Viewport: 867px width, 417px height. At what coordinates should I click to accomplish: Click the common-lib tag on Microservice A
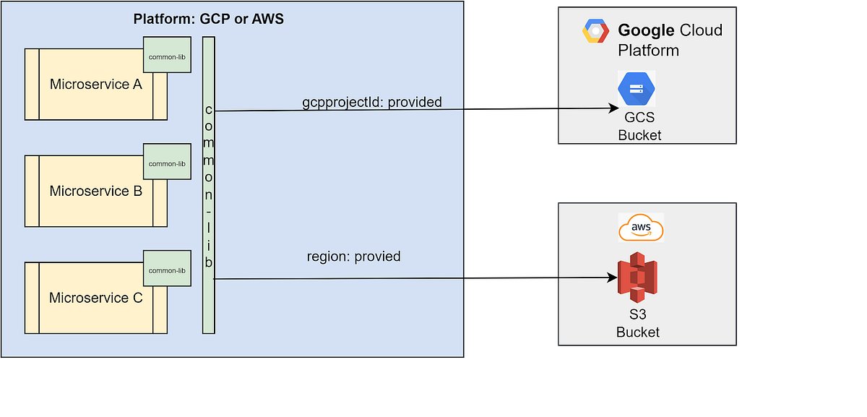[x=167, y=57]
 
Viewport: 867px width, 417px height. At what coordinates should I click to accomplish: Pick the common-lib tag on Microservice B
[x=167, y=164]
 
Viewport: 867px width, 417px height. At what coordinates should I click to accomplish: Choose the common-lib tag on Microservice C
[x=167, y=271]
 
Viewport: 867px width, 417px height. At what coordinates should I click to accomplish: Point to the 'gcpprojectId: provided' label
[x=371, y=102]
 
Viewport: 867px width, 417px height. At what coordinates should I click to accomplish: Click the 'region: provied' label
[x=353, y=257]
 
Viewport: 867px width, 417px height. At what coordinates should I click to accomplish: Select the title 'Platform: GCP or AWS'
[x=209, y=19]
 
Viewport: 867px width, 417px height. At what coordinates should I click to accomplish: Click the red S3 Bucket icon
[x=637, y=278]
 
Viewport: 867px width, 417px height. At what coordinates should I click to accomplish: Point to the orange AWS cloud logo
[x=641, y=228]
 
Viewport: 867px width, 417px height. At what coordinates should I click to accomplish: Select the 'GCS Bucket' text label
[x=639, y=127]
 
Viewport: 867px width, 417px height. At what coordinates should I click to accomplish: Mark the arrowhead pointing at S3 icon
[x=612, y=278]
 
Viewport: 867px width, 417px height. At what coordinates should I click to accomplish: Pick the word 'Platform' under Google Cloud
[x=648, y=51]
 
